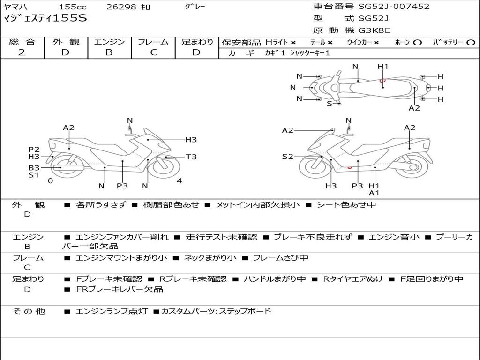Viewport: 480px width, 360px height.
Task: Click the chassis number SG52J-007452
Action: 394,7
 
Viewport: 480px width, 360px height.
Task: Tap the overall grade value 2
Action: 22,52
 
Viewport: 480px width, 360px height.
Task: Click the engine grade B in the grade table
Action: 109,52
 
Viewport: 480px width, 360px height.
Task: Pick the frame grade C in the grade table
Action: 154,52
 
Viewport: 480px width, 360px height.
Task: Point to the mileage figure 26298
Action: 121,7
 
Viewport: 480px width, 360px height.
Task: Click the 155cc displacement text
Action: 73,7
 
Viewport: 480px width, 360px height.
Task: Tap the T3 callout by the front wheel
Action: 191,157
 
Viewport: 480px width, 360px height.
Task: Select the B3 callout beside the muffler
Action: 34,168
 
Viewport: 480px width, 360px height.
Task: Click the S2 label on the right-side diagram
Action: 287,157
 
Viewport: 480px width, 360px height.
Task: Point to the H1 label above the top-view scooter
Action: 382,67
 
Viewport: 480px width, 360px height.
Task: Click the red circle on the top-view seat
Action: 382,81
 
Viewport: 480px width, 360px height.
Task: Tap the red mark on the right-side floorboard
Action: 349,167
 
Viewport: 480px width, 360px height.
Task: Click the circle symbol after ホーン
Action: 417,43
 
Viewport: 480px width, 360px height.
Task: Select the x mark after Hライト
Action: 293,43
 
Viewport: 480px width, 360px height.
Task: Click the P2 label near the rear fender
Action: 34,150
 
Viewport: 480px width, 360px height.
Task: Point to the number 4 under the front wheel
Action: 179,180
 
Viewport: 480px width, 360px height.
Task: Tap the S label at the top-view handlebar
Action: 330,104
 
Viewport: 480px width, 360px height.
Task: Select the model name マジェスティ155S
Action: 45,18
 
